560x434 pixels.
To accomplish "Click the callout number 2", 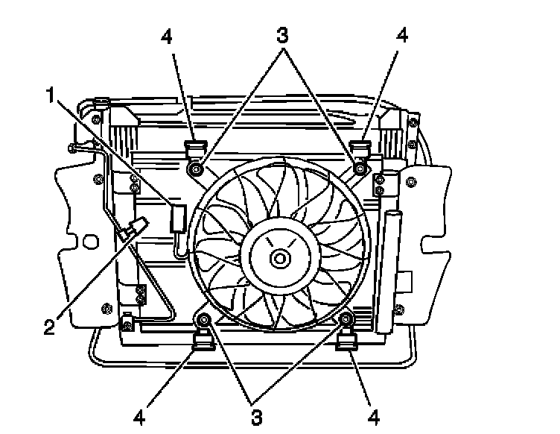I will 49,327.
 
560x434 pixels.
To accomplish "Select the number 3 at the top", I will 282,36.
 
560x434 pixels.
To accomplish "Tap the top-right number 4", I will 402,36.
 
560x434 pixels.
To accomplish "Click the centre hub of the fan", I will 280,259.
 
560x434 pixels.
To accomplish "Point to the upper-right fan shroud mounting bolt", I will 360,169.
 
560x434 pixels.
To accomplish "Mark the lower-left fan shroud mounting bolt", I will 203,320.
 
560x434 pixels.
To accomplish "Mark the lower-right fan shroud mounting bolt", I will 346,320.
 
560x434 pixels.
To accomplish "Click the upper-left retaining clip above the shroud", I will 195,147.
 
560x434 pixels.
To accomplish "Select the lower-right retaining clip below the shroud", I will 347,343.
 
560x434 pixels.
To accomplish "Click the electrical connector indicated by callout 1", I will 179,218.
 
